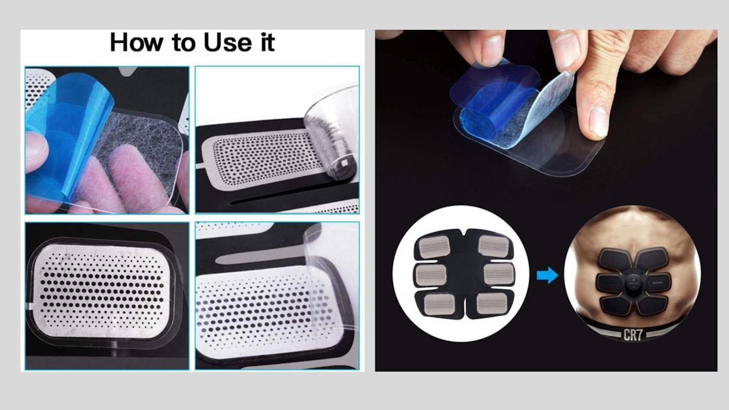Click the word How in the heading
tap(136, 43)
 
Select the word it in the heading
tap(268, 43)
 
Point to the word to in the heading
tap(184, 44)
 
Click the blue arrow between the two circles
tap(547, 275)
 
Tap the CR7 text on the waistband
tap(633, 335)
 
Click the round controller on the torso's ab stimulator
tap(634, 282)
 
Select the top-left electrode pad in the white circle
tap(434, 247)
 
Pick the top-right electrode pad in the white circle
tap(493, 245)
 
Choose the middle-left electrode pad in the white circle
tap(431, 275)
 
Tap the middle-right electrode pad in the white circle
tap(499, 274)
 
